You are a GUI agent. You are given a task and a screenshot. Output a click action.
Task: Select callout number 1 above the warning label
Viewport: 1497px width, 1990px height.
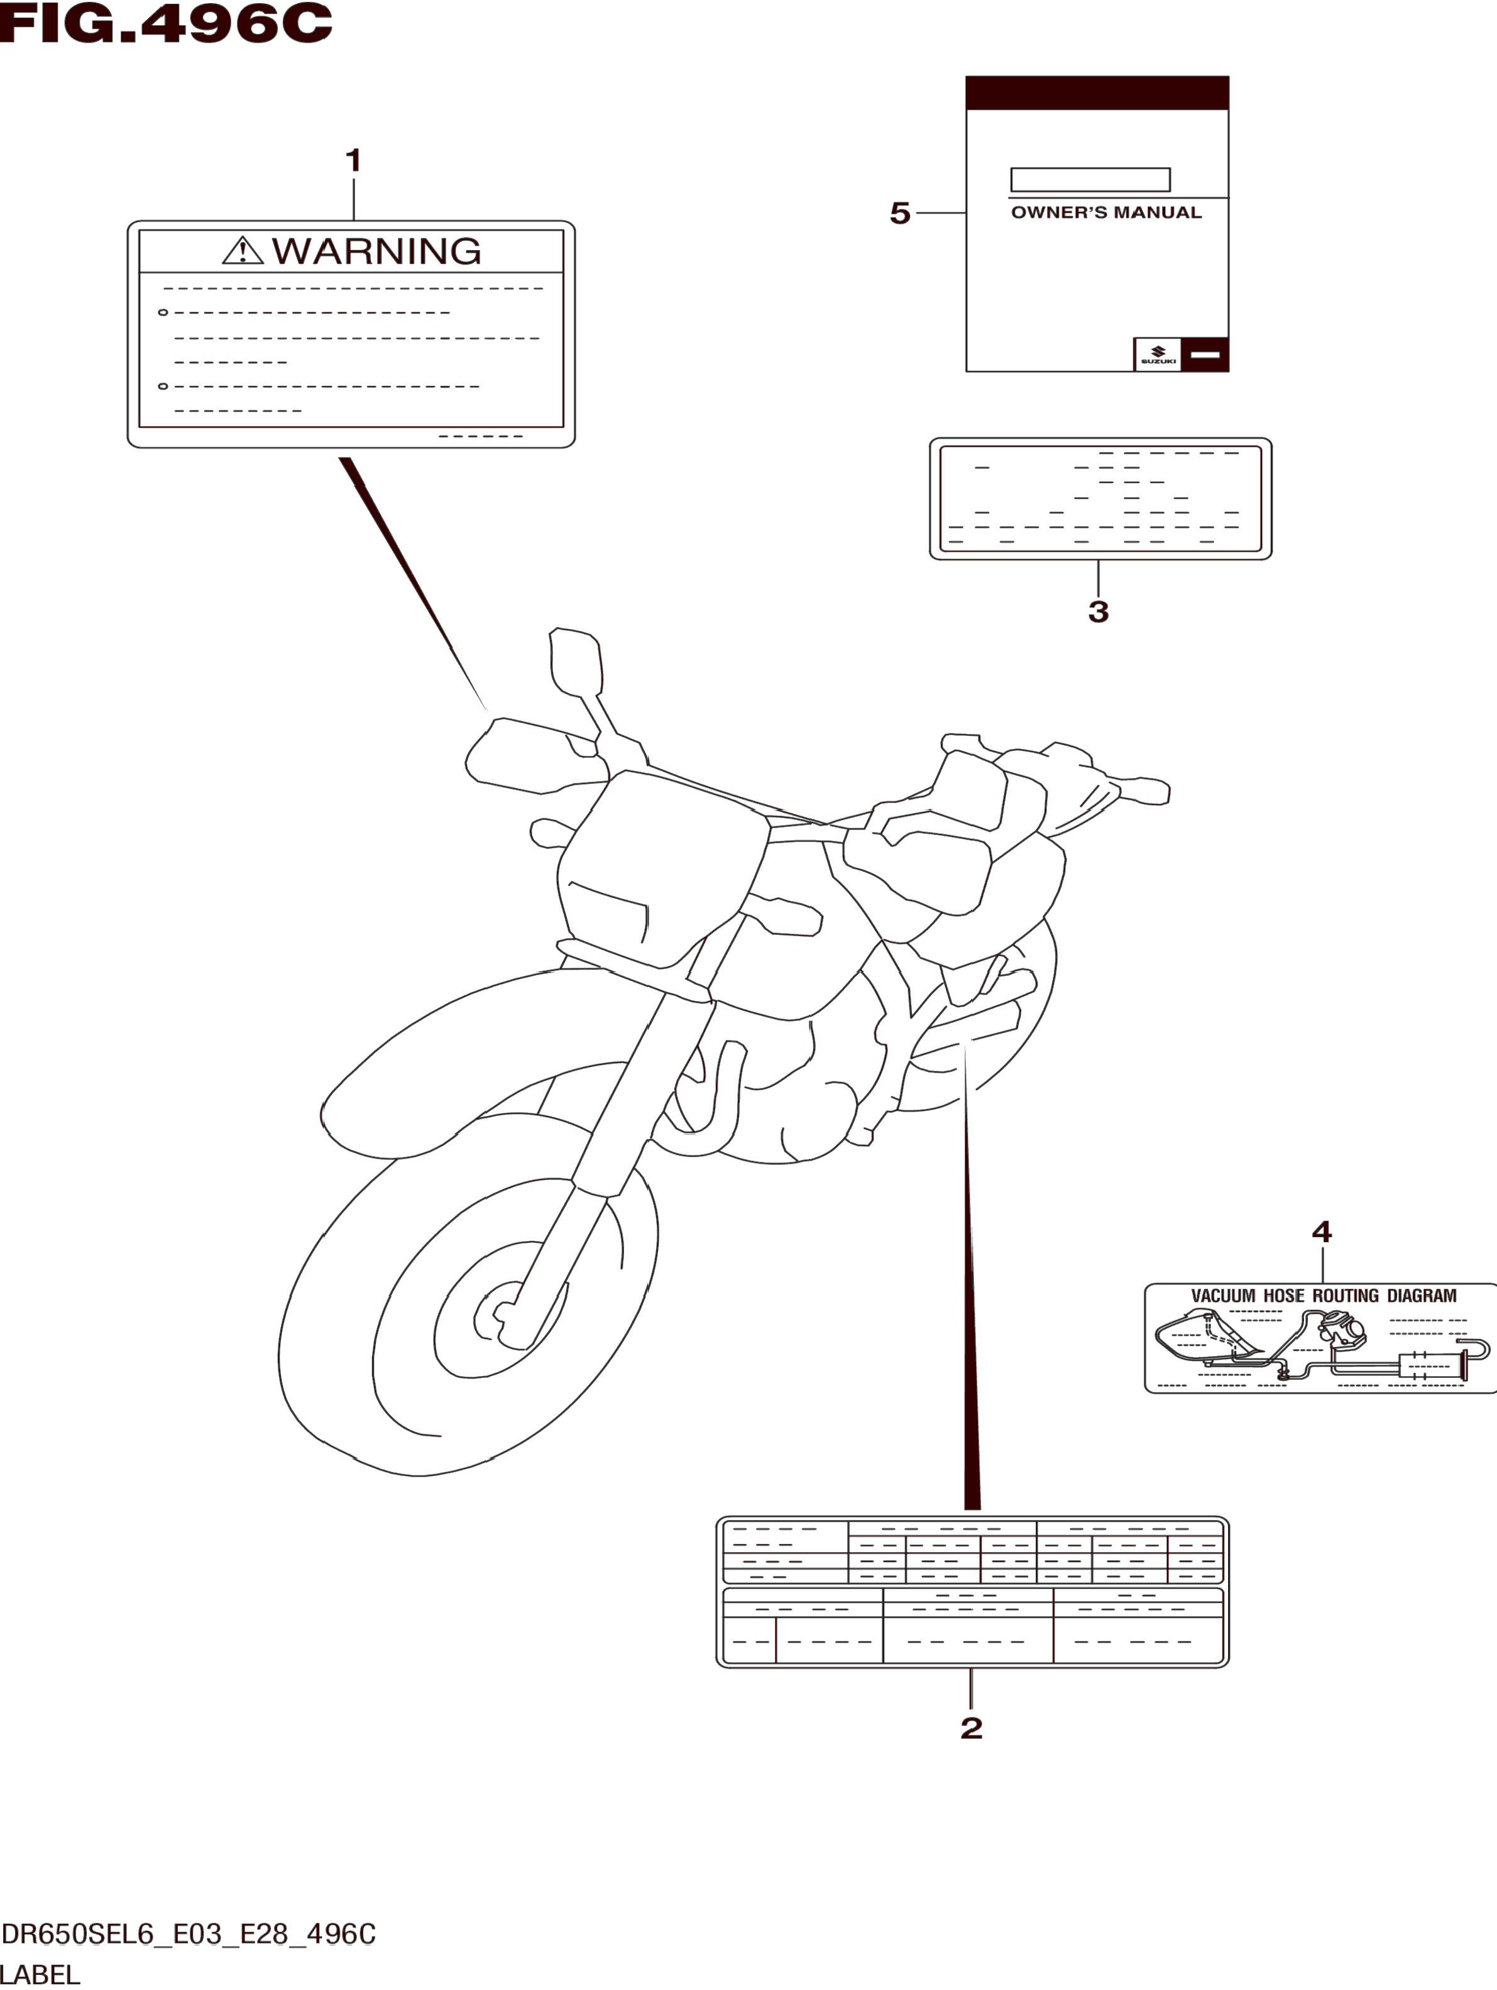pyautogui.click(x=354, y=161)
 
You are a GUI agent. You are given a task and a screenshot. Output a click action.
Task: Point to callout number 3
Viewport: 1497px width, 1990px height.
pyautogui.click(x=1097, y=612)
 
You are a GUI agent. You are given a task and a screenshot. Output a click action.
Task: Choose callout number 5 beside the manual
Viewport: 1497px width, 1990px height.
pyautogui.click(x=899, y=213)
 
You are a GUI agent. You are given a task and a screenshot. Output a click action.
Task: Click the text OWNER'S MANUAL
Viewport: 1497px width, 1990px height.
pyautogui.click(x=1105, y=213)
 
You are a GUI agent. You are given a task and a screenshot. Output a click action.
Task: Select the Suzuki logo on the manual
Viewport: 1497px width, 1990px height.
pyautogui.click(x=1158, y=354)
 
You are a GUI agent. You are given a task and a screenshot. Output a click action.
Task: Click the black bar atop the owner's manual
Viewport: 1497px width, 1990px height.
pyautogui.click(x=1097, y=92)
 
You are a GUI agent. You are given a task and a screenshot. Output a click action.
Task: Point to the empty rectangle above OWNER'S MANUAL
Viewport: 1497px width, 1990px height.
pyautogui.click(x=1090, y=180)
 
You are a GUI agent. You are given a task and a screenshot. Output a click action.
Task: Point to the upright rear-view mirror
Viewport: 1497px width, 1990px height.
pyautogui.click(x=574, y=659)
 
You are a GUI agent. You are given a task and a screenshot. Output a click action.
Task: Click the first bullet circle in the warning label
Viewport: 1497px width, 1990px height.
pyautogui.click(x=163, y=313)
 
